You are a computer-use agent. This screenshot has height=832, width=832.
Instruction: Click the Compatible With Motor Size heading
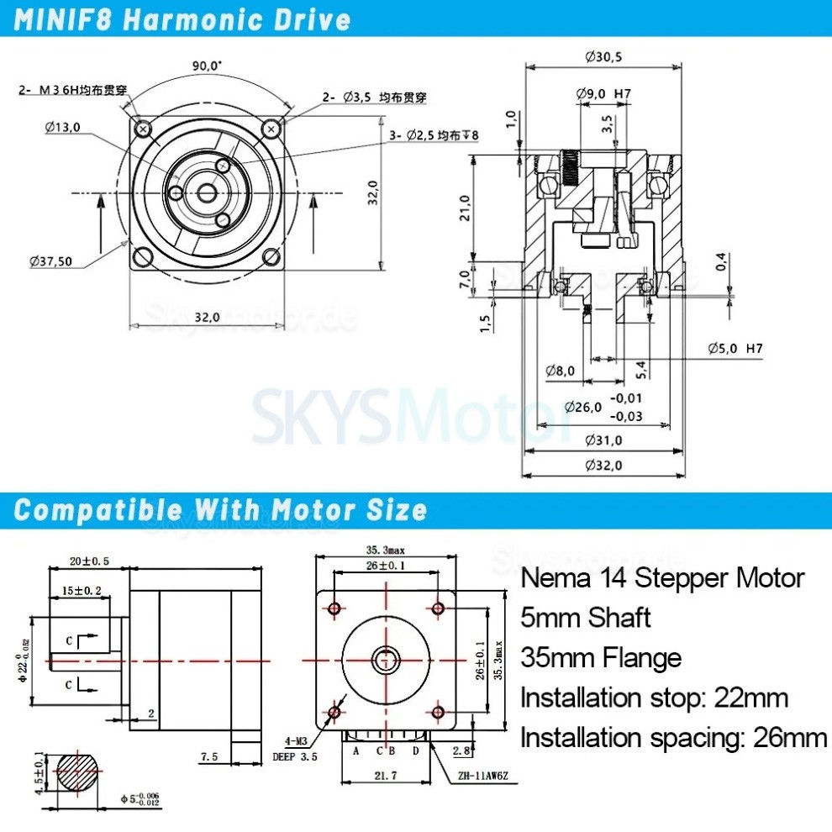[x=221, y=510]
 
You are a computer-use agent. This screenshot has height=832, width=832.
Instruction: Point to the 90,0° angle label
[x=207, y=65]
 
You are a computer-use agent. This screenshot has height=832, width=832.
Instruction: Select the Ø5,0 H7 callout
[x=734, y=348]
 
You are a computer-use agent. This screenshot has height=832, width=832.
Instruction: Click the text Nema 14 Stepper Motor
[x=662, y=578]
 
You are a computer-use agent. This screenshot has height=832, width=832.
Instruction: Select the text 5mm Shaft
[x=586, y=618]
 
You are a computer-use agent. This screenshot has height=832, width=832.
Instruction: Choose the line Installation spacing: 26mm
[x=673, y=738]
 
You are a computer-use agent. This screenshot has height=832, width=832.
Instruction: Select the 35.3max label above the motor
[x=385, y=550]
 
